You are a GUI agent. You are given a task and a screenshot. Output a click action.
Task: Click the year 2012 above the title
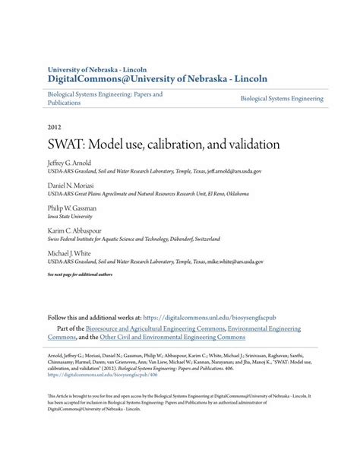tap(55, 127)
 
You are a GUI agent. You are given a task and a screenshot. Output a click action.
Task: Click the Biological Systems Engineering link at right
tap(282, 99)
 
